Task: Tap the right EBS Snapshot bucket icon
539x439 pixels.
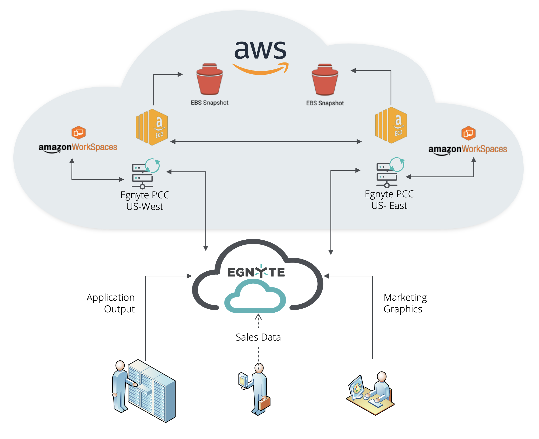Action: tap(325, 79)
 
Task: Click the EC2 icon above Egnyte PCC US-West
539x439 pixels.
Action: tap(152, 127)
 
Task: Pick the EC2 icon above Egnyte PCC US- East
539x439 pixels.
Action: tap(391, 125)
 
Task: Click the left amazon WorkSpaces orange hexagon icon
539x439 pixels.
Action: tap(78, 132)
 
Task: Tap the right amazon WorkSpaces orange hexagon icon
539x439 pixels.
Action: tap(468, 133)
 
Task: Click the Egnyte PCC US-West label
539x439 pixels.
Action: tap(145, 201)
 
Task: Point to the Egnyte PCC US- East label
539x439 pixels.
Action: tap(389, 200)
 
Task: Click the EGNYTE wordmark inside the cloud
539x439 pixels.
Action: tap(256, 272)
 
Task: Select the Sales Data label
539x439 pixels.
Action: tap(258, 337)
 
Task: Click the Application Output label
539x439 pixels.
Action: tap(111, 303)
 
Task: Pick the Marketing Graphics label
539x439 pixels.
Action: tap(405, 303)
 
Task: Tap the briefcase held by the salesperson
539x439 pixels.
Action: tap(264, 403)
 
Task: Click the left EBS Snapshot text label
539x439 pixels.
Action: tap(210, 103)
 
